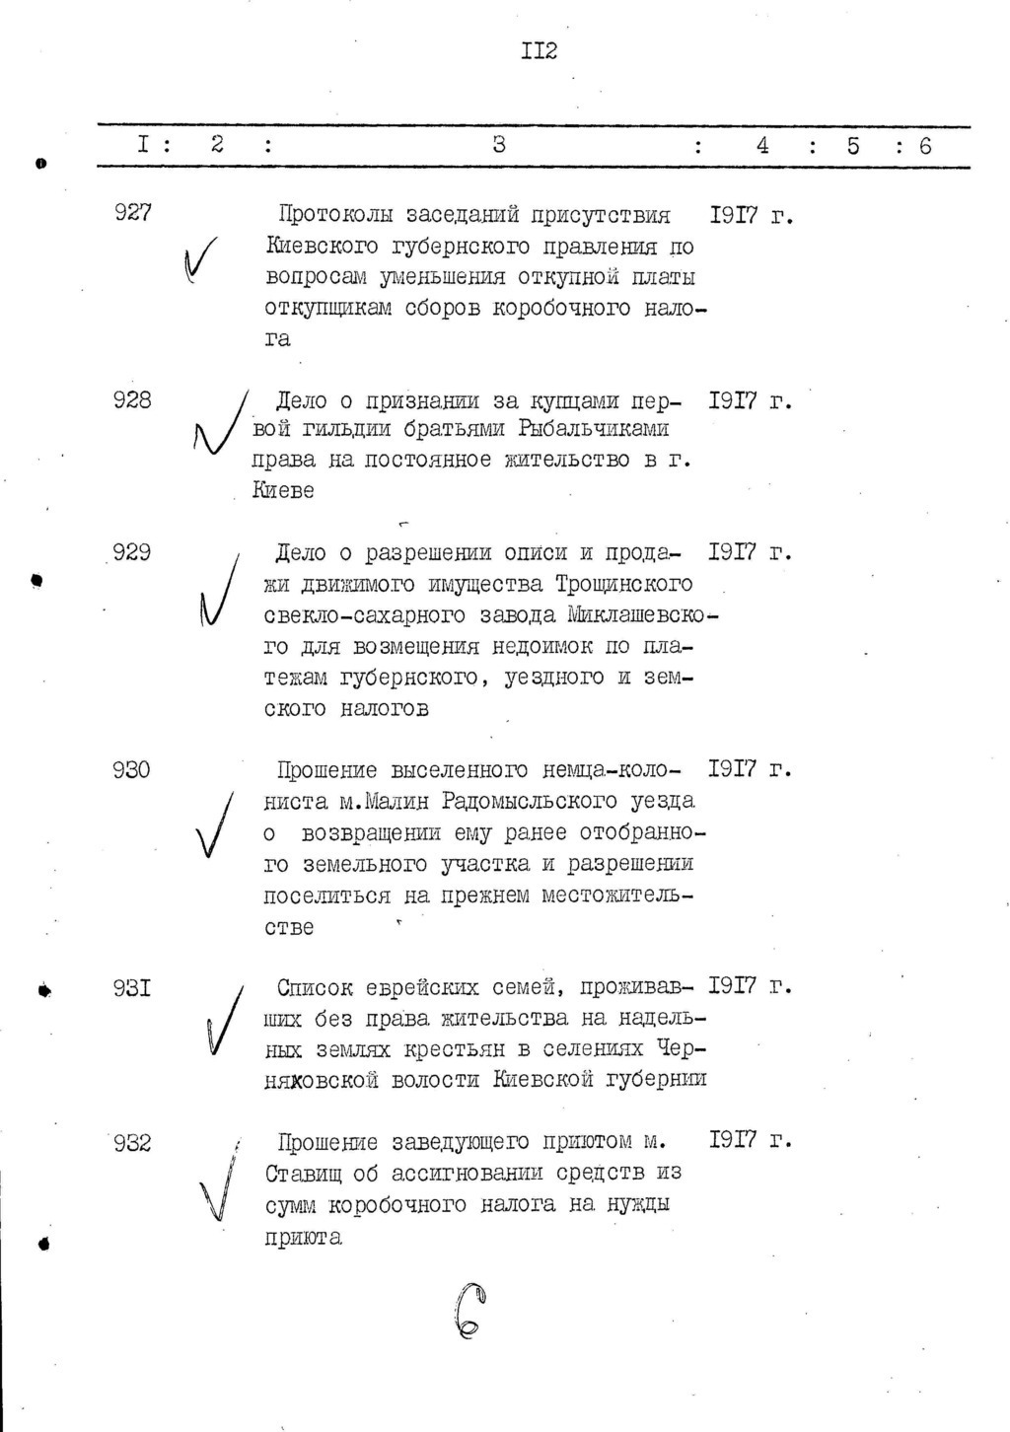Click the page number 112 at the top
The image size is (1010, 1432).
pyautogui.click(x=540, y=50)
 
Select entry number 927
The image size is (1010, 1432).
pyautogui.click(x=132, y=213)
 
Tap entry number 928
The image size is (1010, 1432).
pyautogui.click(x=132, y=399)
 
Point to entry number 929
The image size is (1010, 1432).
pyautogui.click(x=131, y=553)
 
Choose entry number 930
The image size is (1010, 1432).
pyautogui.click(x=131, y=769)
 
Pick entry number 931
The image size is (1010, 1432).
pyautogui.click(x=131, y=987)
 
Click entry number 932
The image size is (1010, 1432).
pyautogui.click(x=131, y=1143)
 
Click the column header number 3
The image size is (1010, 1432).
pyautogui.click(x=499, y=145)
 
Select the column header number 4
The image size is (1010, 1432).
pyautogui.click(x=762, y=146)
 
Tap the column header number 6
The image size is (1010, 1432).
pyautogui.click(x=925, y=146)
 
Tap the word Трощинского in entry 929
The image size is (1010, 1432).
pyautogui.click(x=623, y=584)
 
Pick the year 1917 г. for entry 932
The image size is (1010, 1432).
pyautogui.click(x=751, y=1141)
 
